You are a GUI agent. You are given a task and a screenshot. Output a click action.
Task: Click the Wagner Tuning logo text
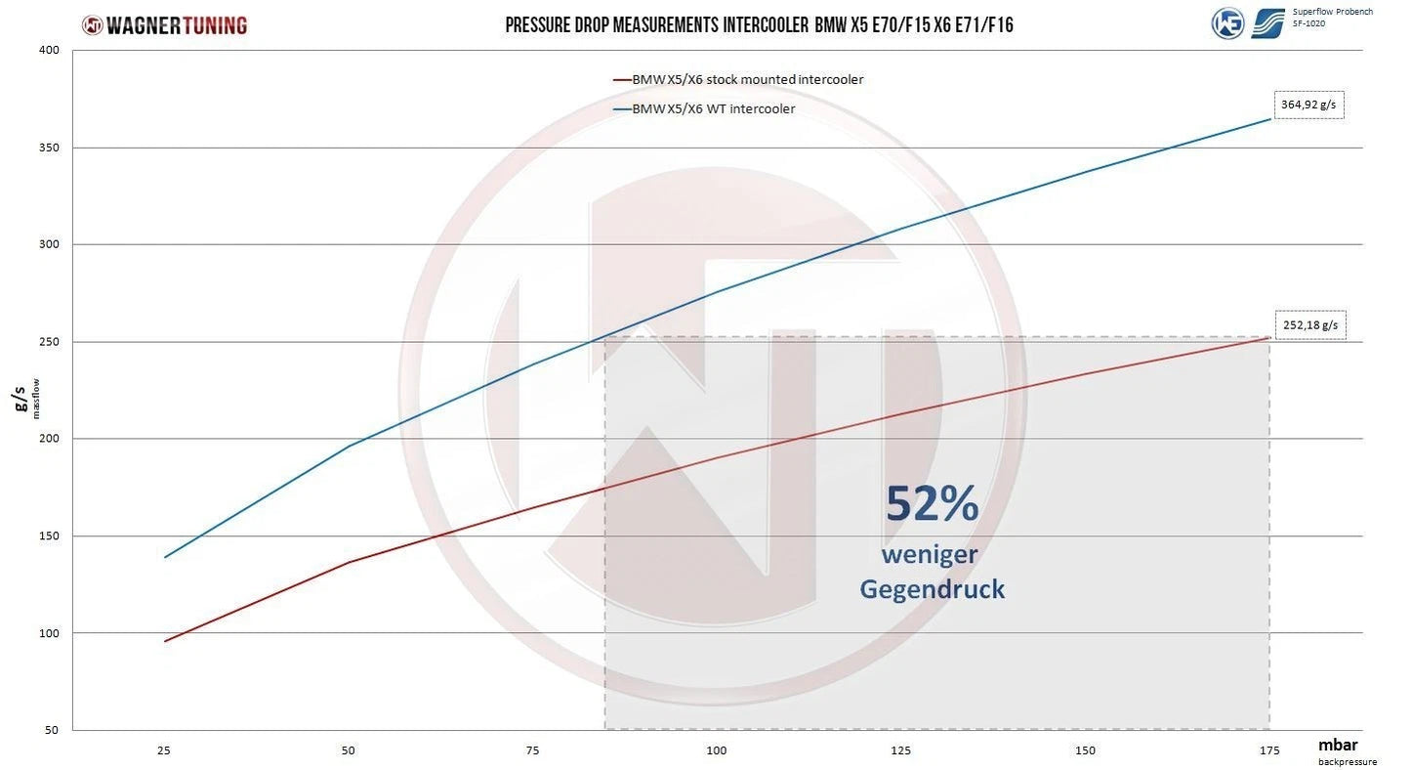point(176,25)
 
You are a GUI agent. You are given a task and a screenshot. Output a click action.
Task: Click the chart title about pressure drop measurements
point(759,25)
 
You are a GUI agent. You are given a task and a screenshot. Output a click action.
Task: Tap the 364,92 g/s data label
point(1309,105)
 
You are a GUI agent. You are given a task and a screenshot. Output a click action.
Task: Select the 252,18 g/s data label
point(1309,325)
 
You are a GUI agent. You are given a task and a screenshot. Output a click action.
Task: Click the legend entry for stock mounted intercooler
point(747,80)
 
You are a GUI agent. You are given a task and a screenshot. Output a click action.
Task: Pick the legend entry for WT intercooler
point(713,108)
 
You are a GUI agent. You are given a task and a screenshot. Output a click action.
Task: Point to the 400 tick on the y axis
point(49,51)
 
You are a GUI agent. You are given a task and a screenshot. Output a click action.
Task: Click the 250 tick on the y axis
point(49,342)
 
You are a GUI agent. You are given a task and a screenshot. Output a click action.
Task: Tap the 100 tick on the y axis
point(49,633)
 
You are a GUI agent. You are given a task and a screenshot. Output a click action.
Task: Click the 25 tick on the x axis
point(164,750)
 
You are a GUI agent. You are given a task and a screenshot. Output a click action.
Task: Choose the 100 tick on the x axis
point(717,750)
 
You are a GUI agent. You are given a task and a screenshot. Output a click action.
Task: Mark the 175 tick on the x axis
point(1269,750)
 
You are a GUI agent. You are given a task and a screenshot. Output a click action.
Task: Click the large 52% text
point(932,504)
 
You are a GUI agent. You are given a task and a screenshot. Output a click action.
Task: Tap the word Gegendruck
point(932,589)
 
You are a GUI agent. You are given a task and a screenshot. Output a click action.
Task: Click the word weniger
point(930,554)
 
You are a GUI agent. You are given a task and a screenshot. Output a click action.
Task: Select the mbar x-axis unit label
point(1338,745)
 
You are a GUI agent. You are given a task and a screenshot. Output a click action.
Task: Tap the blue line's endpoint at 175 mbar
point(1270,119)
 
